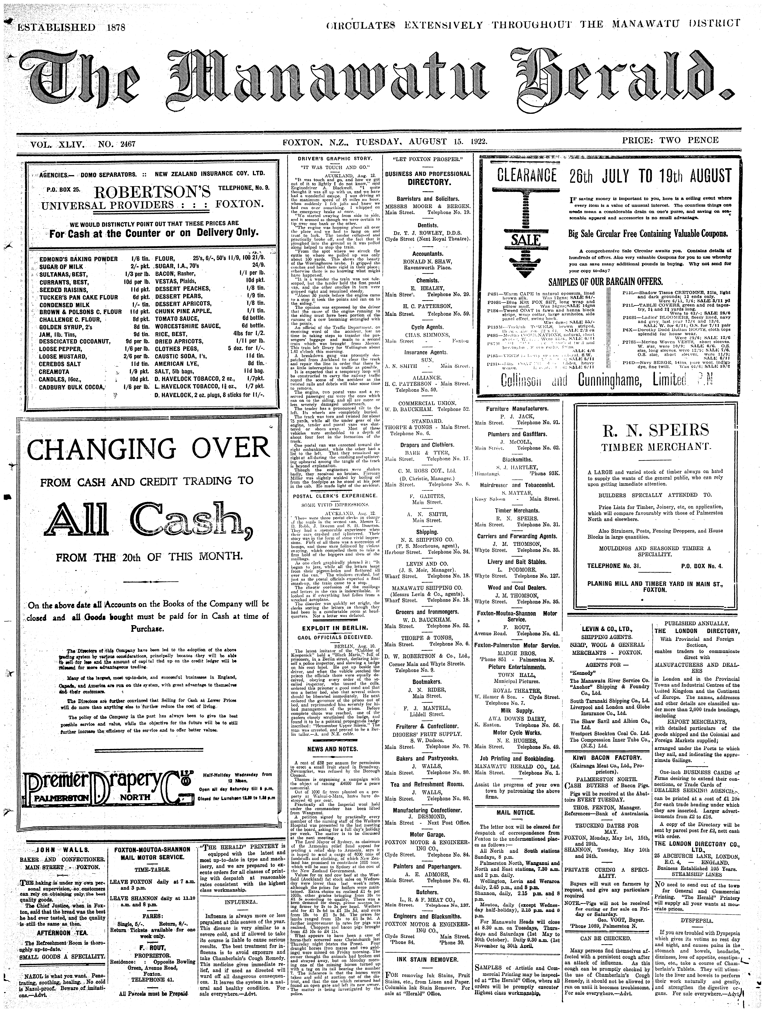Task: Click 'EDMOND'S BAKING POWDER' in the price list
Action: coord(79,259)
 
